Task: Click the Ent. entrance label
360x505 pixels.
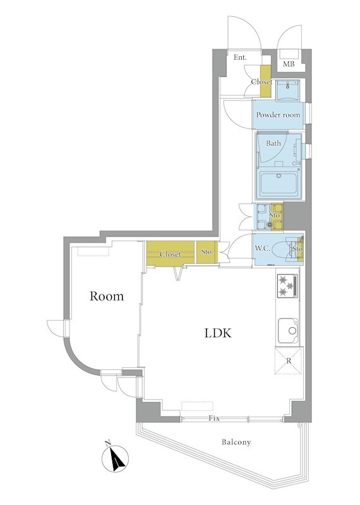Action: [240, 57]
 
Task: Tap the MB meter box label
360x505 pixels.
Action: [289, 64]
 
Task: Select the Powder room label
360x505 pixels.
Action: [278, 115]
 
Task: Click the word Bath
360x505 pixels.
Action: [273, 143]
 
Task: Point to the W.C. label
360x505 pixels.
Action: [262, 248]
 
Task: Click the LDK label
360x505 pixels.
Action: [218, 333]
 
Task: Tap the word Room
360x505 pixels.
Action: [107, 296]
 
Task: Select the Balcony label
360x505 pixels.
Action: [236, 442]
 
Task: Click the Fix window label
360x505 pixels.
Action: [214, 419]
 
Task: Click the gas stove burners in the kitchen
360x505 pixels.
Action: [287, 285]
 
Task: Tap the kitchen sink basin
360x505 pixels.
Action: [289, 331]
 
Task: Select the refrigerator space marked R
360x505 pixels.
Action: [289, 360]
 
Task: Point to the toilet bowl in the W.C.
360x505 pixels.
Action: [280, 249]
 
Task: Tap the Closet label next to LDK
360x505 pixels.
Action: [170, 254]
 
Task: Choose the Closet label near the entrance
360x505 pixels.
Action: [261, 82]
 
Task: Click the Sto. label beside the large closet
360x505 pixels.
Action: [207, 251]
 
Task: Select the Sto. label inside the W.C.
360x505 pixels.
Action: [298, 249]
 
